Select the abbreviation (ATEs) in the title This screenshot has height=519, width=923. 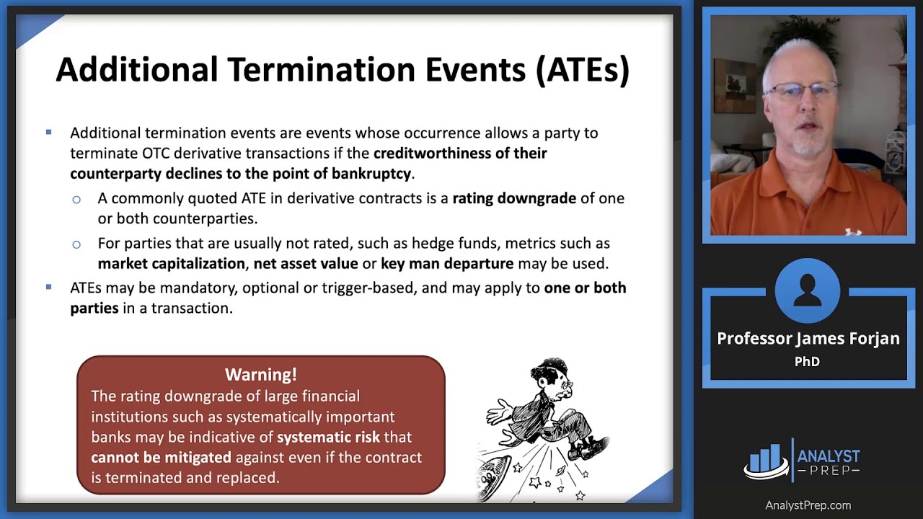click(x=582, y=70)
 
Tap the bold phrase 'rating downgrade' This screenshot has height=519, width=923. click(x=514, y=198)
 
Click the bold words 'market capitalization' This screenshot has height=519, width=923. click(x=171, y=264)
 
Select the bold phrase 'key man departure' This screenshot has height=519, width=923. click(x=447, y=264)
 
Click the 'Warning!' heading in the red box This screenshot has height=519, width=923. click(x=260, y=375)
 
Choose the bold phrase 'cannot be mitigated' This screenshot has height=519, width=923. click(x=161, y=458)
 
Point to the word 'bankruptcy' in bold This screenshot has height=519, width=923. click(x=371, y=174)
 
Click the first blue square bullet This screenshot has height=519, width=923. click(x=49, y=133)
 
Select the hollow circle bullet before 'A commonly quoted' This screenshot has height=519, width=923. click(x=76, y=199)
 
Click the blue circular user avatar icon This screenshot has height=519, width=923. click(x=808, y=290)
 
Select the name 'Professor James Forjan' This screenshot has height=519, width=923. click(x=808, y=339)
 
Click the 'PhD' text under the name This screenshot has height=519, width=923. click(x=807, y=362)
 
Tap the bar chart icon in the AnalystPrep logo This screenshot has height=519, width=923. click(x=766, y=461)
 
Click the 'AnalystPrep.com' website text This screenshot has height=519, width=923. click(x=808, y=505)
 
